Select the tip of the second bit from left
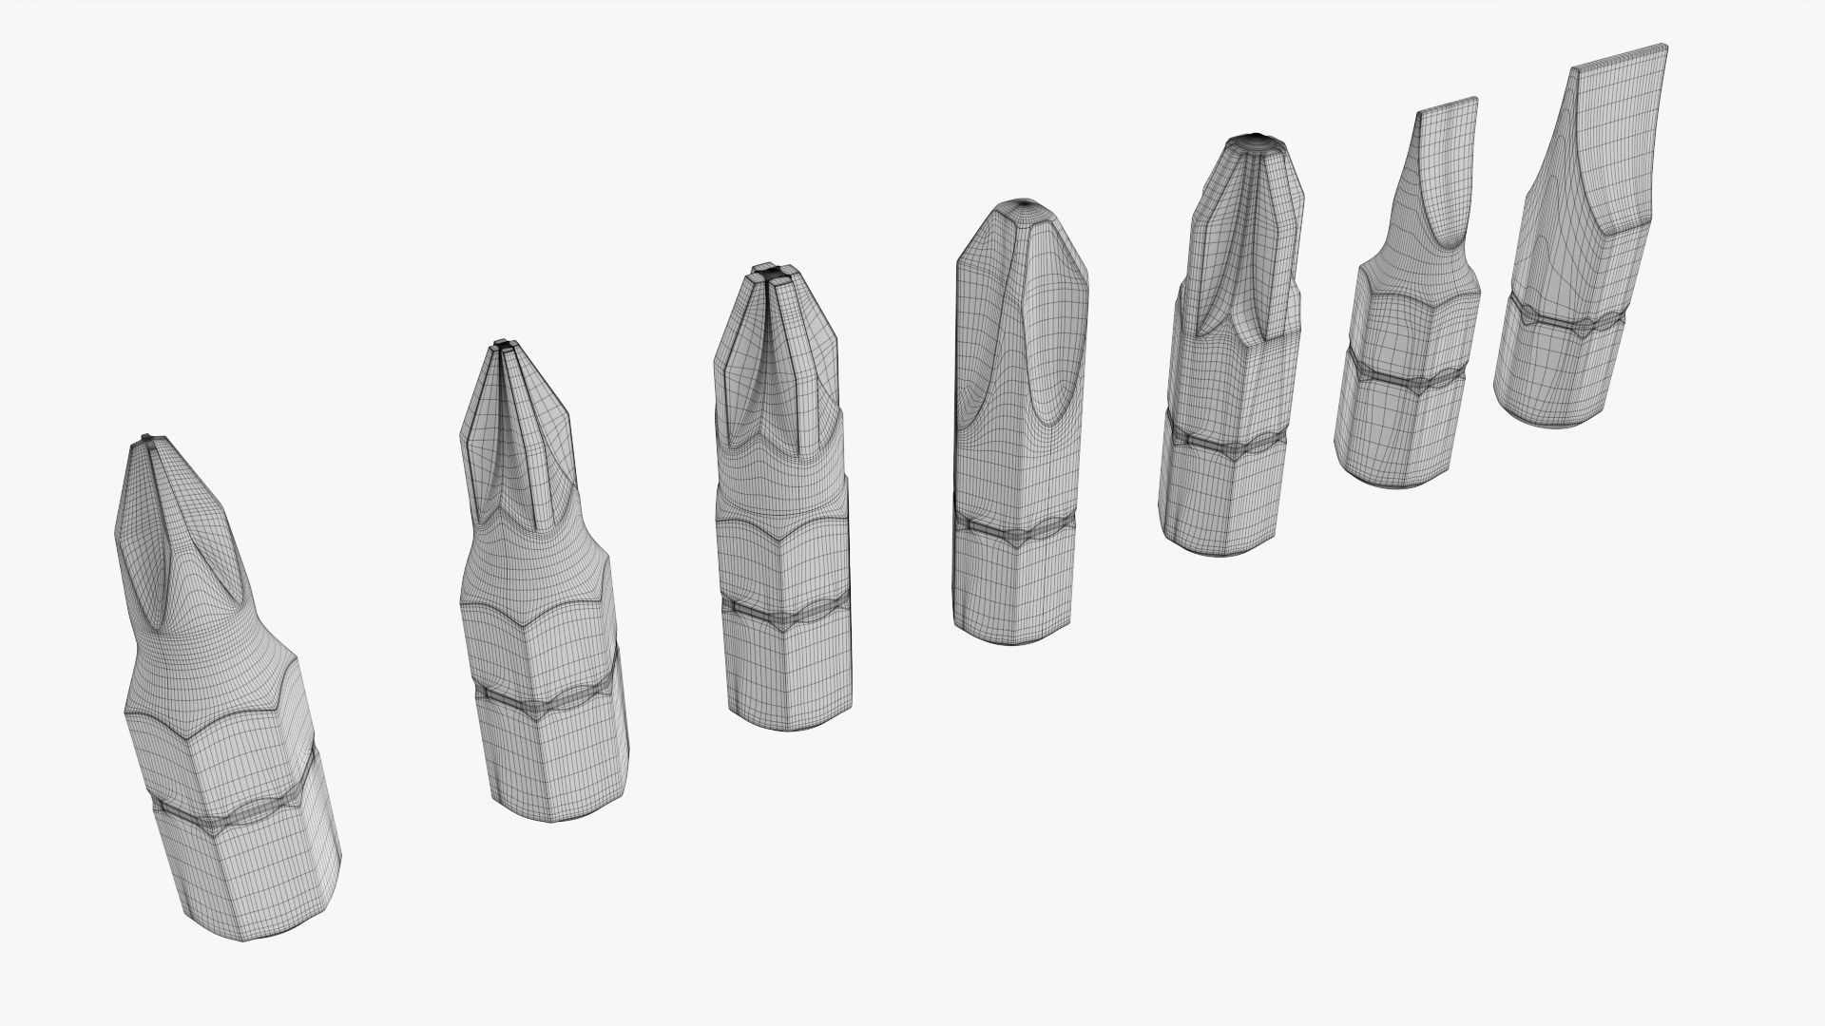504,344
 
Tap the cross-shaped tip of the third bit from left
774,275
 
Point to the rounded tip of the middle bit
1026,205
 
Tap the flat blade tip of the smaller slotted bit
1448,104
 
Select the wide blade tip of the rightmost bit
1621,55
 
